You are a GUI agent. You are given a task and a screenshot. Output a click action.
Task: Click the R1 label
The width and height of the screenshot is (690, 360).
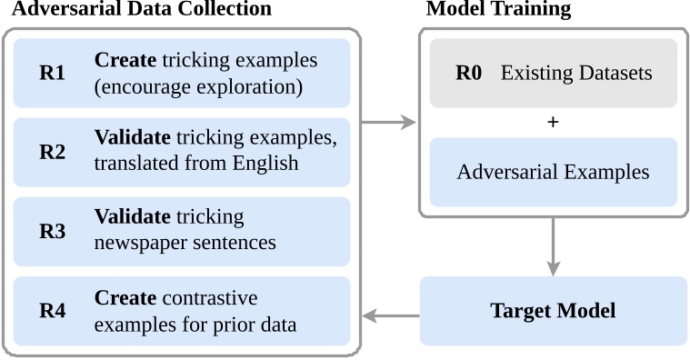pos(52,74)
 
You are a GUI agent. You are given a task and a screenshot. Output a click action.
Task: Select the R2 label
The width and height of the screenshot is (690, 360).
pos(52,152)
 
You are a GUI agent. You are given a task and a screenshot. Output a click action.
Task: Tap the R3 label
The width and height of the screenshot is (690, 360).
pos(52,231)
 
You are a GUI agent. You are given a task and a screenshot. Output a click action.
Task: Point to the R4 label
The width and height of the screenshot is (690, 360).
pos(52,311)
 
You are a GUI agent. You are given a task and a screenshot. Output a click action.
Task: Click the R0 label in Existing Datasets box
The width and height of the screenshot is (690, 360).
pos(468,74)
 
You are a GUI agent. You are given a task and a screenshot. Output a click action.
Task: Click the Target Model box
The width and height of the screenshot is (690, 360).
pos(553,311)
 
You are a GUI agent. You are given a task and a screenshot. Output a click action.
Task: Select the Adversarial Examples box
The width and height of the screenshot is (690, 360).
pos(553,172)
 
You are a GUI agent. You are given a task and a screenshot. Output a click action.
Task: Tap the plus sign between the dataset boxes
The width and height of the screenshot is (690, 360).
pos(553,122)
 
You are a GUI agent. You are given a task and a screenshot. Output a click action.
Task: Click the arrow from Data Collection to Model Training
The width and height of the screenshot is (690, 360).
pos(389,122)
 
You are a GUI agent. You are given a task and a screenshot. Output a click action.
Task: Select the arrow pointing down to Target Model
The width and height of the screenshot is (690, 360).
pos(553,245)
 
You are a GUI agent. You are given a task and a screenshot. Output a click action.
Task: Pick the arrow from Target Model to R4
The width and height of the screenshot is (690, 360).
pos(391,316)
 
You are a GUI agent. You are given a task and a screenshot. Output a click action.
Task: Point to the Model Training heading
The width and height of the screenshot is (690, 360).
pos(498,9)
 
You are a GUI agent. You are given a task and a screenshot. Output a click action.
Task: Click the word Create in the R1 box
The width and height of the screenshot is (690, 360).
pos(125,61)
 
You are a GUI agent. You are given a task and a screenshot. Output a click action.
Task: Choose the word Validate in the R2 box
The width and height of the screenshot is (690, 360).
pos(132,139)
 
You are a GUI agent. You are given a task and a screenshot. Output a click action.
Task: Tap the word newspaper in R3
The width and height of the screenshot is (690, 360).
pos(139,244)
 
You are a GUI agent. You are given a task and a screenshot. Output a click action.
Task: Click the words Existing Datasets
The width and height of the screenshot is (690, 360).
pos(576,74)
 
